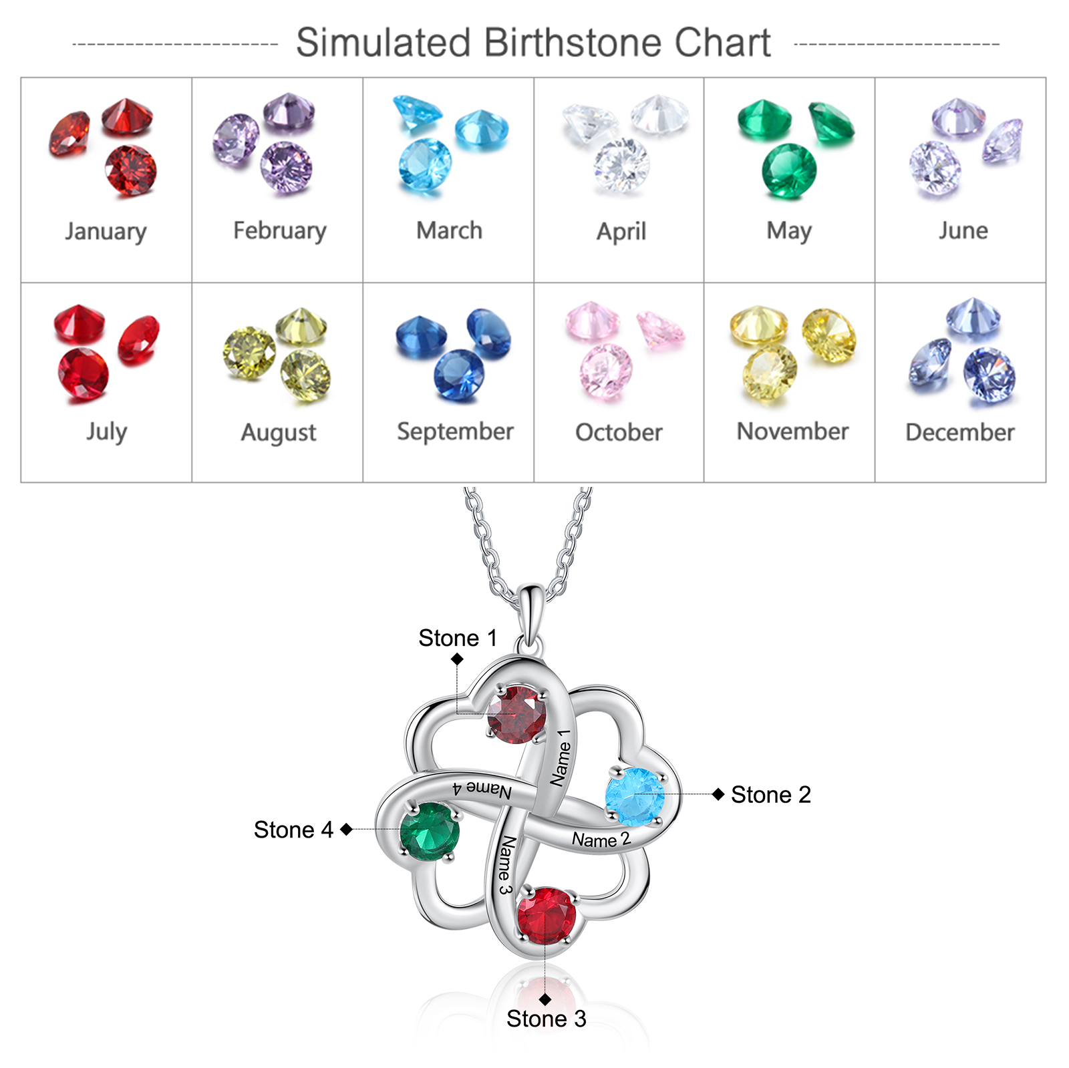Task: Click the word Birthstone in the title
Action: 573,43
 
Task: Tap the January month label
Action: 106,231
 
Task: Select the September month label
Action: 455,431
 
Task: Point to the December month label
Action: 960,432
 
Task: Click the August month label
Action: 279,433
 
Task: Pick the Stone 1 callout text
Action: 458,638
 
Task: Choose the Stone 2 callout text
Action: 771,795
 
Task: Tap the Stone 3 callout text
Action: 546,1019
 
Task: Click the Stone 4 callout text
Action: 293,830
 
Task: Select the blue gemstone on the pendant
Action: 635,797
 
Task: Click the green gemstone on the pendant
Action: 430,832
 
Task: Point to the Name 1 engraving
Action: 561,757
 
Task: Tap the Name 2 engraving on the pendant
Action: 601,840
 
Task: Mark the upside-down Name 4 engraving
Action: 482,789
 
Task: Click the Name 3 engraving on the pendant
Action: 505,865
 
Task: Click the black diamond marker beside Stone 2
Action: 718,794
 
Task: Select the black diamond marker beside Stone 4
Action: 346,830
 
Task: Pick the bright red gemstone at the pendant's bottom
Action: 546,916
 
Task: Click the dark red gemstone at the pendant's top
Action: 516,715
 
